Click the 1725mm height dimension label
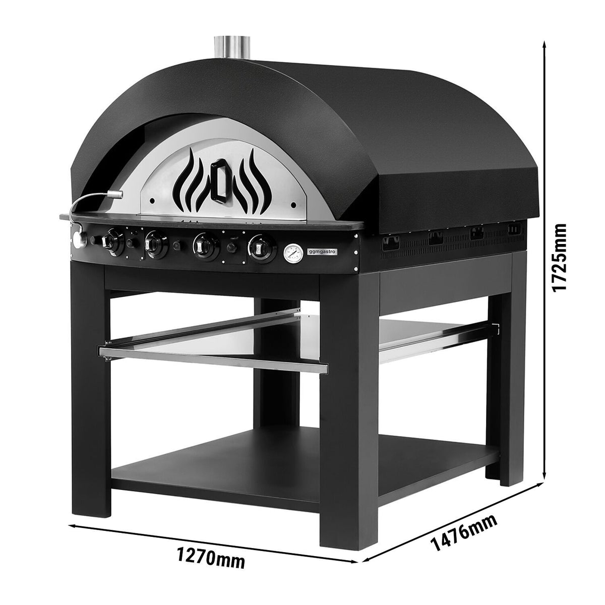[559, 258]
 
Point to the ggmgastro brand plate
[321, 251]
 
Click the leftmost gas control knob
[112, 241]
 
